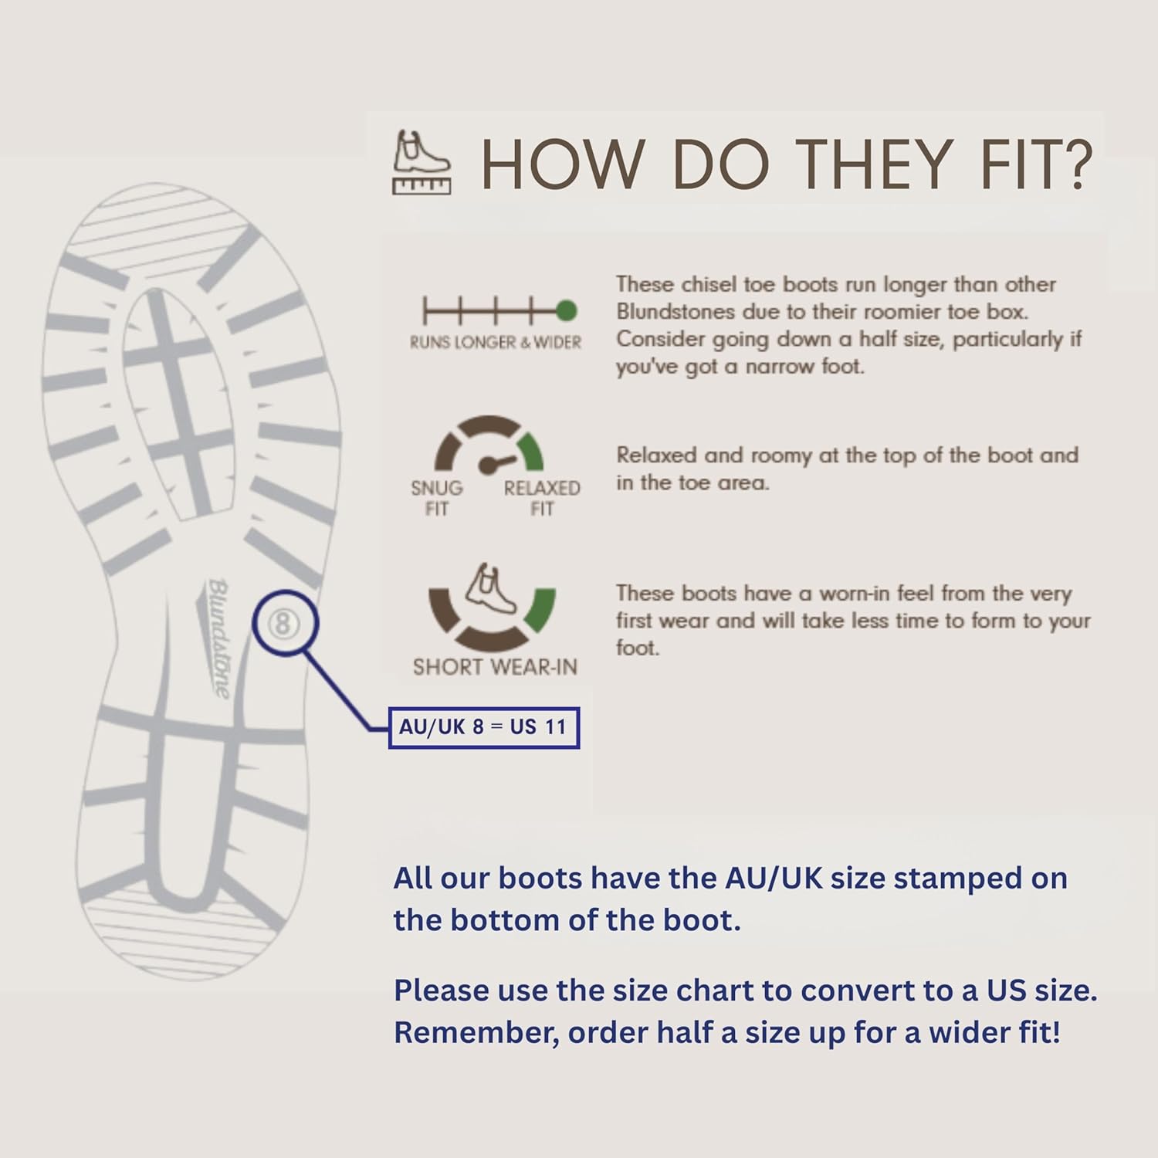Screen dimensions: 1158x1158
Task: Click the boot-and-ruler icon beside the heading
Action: pos(422,162)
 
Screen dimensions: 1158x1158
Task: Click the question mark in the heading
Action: pos(1074,164)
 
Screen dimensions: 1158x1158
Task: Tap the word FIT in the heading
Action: pos(1014,164)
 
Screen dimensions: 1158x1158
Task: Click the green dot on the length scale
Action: pos(566,311)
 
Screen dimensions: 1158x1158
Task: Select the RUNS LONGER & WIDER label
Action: pos(496,342)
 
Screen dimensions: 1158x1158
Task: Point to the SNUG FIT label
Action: pos(437,498)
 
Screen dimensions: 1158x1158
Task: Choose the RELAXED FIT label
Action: pos(542,498)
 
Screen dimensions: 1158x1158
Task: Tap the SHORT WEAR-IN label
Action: pos(495,667)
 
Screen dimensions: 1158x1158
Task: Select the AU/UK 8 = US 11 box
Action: pos(483,727)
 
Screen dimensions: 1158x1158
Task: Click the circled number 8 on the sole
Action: pos(283,624)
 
